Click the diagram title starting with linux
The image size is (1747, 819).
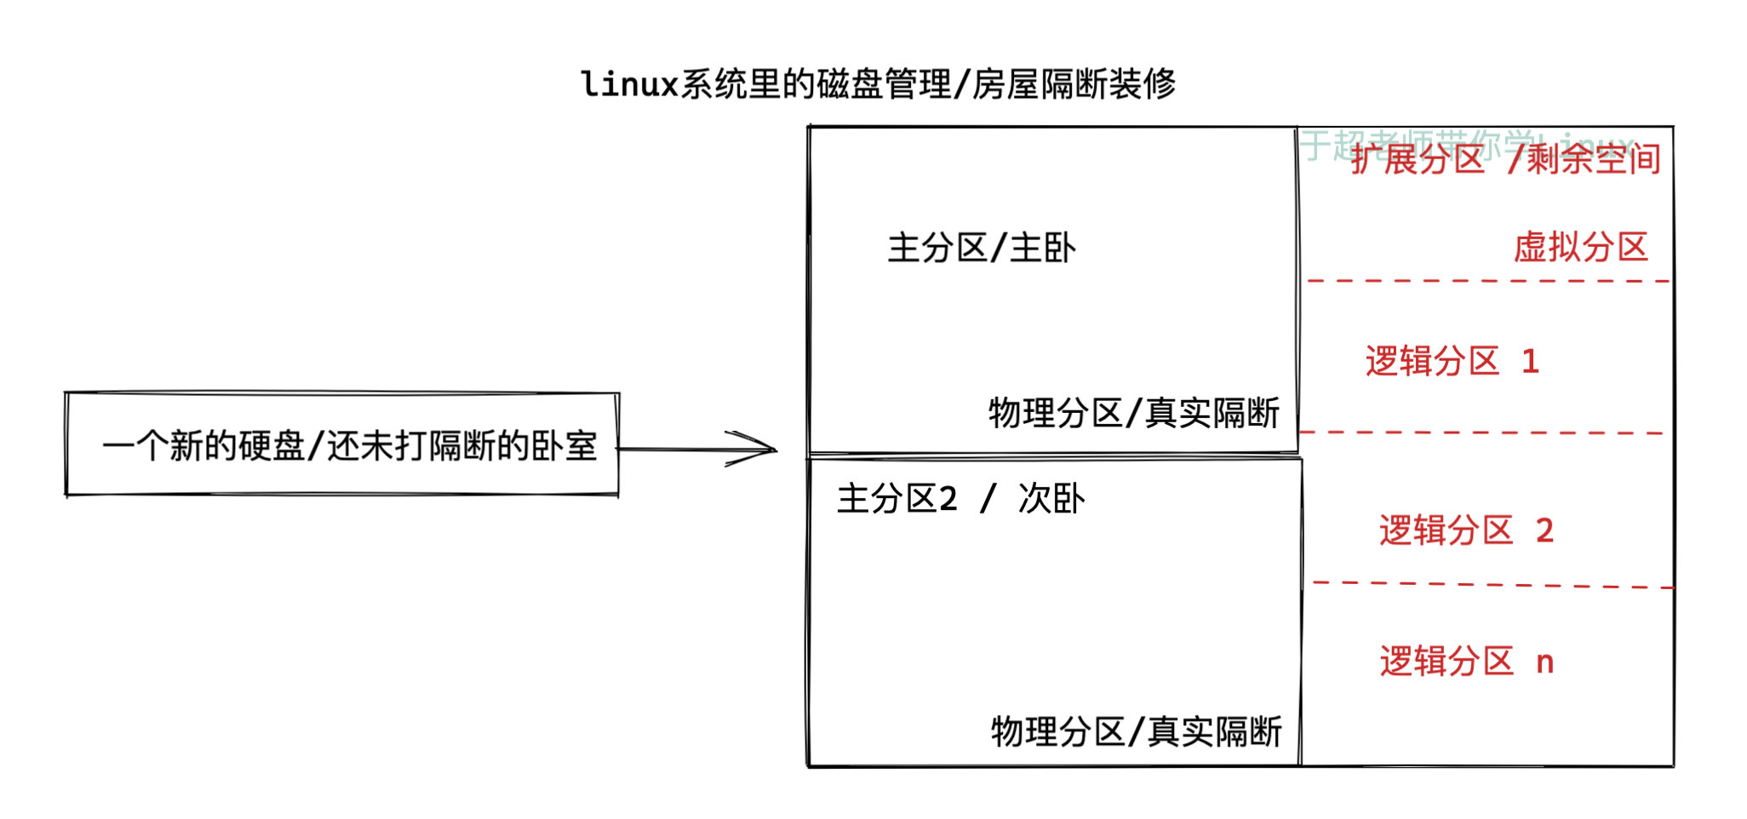coord(878,84)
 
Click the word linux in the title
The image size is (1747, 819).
coord(629,84)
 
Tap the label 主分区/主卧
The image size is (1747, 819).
coord(982,248)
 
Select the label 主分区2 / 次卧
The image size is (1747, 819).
coord(960,499)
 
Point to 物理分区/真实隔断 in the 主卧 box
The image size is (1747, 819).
coord(1134,413)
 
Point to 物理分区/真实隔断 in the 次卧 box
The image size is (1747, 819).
coord(1136,731)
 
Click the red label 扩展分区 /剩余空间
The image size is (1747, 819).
coord(1505,159)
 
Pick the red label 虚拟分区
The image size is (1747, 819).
coord(1580,247)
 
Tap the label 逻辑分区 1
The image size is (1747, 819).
coord(1452,361)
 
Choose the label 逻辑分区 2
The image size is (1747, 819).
coord(1466,530)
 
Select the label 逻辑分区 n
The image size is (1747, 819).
coord(1466,661)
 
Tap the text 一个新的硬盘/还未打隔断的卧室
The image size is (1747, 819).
coord(349,445)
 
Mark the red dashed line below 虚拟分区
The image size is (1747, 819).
coord(1488,280)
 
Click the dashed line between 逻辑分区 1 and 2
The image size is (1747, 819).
coord(1481,432)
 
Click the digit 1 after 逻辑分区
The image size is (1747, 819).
coord(1530,362)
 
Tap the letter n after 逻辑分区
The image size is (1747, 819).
coord(1545,662)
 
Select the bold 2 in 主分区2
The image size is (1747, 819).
coord(948,499)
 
